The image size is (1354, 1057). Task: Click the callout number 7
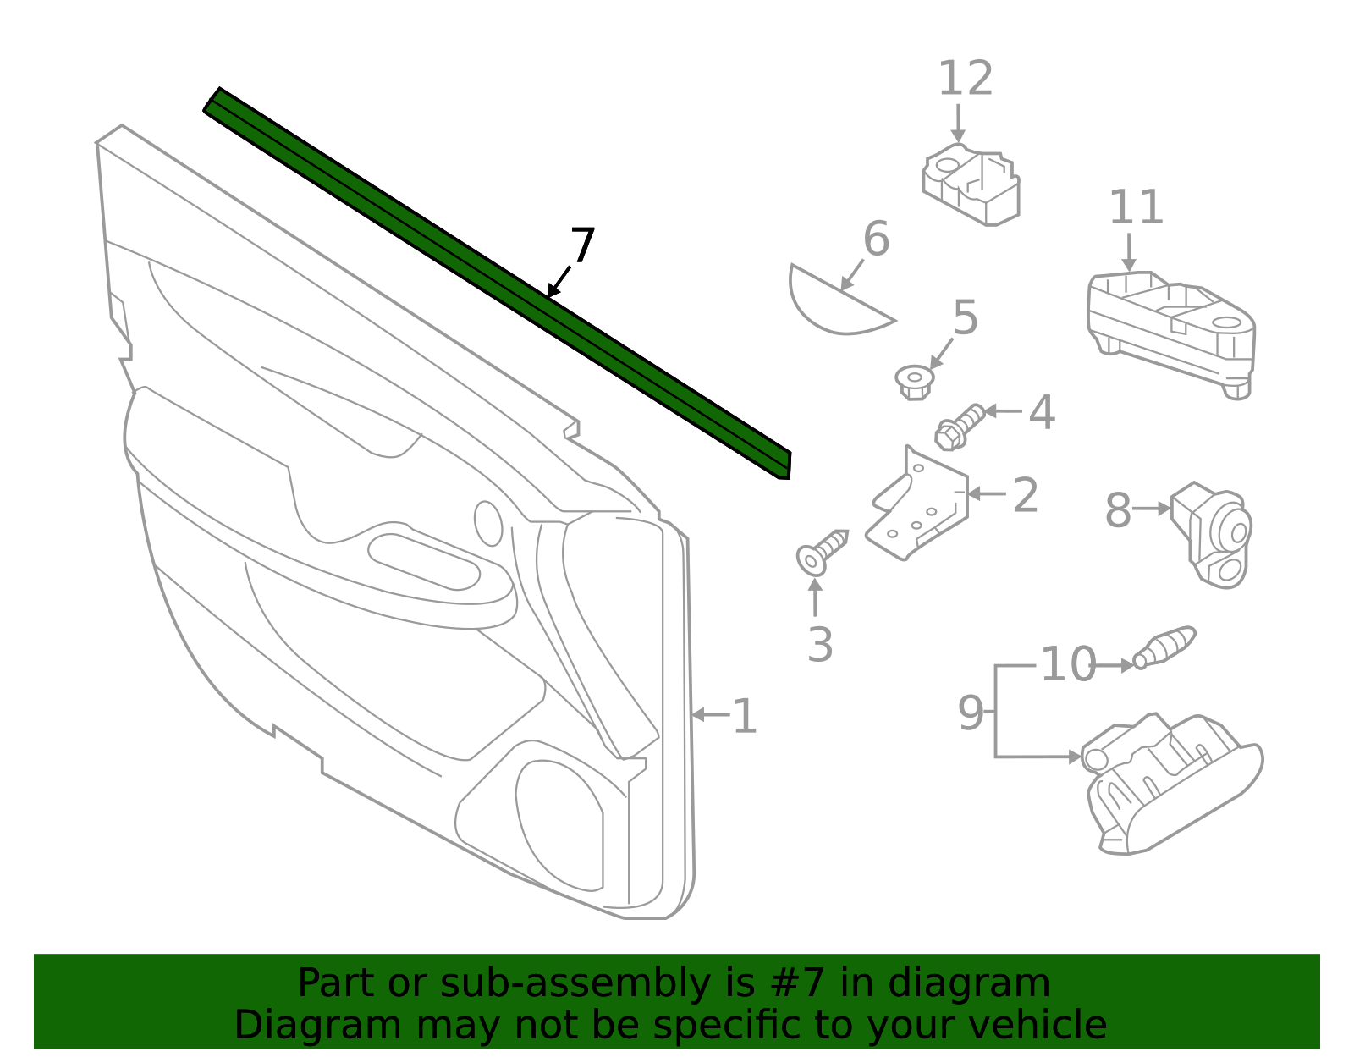pos(583,246)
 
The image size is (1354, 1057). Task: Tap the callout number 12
pos(965,80)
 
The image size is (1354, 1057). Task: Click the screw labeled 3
pos(822,553)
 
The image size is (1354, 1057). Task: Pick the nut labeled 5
pos(914,381)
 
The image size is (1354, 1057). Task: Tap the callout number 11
pos(1136,208)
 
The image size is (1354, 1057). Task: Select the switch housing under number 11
pos(1172,330)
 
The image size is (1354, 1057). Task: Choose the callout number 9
pos(970,713)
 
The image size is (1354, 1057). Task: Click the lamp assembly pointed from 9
pos(1172,783)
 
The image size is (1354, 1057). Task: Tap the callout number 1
pos(744,717)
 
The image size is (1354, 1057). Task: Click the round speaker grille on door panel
pos(559,825)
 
